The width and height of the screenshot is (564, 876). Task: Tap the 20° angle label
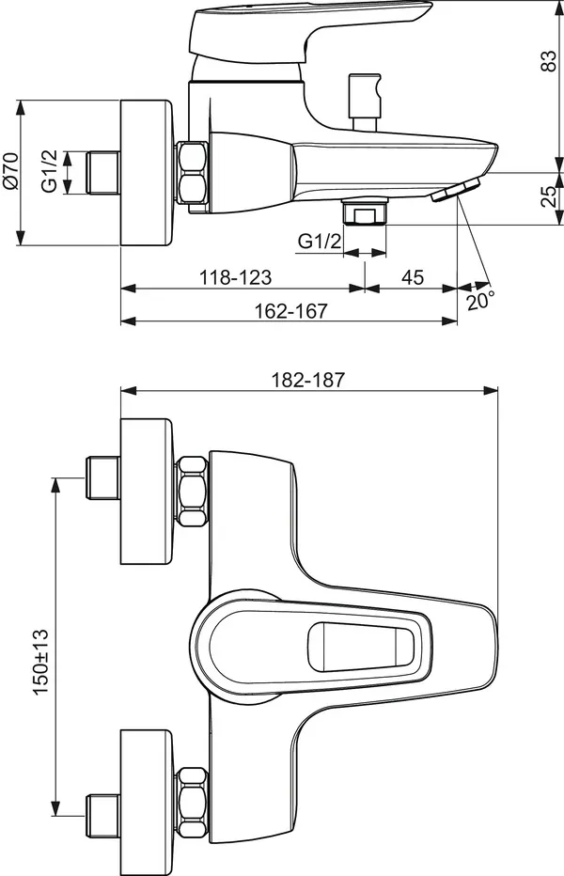(x=480, y=301)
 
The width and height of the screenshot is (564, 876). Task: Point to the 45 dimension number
(x=412, y=277)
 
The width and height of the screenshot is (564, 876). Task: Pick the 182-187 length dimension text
(x=308, y=380)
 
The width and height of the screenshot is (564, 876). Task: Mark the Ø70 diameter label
(x=10, y=172)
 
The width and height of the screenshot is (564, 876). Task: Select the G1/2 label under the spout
(x=319, y=242)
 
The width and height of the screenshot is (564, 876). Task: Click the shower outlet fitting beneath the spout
(x=365, y=213)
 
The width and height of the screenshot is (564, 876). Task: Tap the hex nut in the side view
(x=193, y=174)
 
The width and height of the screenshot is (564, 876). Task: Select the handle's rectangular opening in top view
(x=367, y=649)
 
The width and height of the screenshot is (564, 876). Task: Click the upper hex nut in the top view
(x=193, y=491)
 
